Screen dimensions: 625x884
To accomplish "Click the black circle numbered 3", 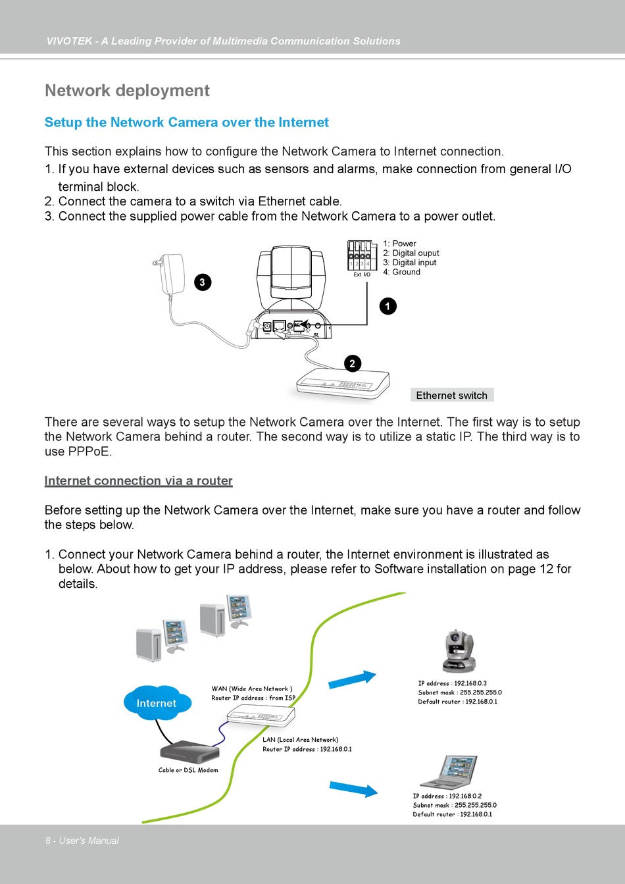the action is [203, 282].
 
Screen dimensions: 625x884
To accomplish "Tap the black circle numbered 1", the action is [387, 306].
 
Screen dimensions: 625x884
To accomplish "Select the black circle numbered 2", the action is [353, 363].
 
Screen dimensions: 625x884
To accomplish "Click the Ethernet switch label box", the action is [452, 395].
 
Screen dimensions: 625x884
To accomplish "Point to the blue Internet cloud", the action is [157, 703].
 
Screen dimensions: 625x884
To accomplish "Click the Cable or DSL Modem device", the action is [189, 752].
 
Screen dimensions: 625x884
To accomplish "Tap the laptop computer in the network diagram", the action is [448, 772].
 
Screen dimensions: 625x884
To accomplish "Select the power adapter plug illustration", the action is [169, 273].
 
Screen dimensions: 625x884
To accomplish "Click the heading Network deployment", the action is [127, 90].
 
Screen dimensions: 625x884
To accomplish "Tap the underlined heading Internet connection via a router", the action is [138, 481].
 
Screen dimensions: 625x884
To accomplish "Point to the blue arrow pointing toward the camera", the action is [352, 679].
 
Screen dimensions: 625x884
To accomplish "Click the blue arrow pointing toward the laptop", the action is [353, 789].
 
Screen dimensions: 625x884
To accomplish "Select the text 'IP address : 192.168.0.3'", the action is [452, 683].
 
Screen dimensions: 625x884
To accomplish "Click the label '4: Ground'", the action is [401, 272].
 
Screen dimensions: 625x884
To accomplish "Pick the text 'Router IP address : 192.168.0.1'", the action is [307, 749].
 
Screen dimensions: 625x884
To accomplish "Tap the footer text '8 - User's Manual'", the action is [82, 841].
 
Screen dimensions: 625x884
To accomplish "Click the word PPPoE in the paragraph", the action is [89, 452].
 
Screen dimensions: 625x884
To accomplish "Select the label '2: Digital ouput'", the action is [411, 253].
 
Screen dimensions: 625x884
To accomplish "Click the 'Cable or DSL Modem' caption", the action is [188, 770].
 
